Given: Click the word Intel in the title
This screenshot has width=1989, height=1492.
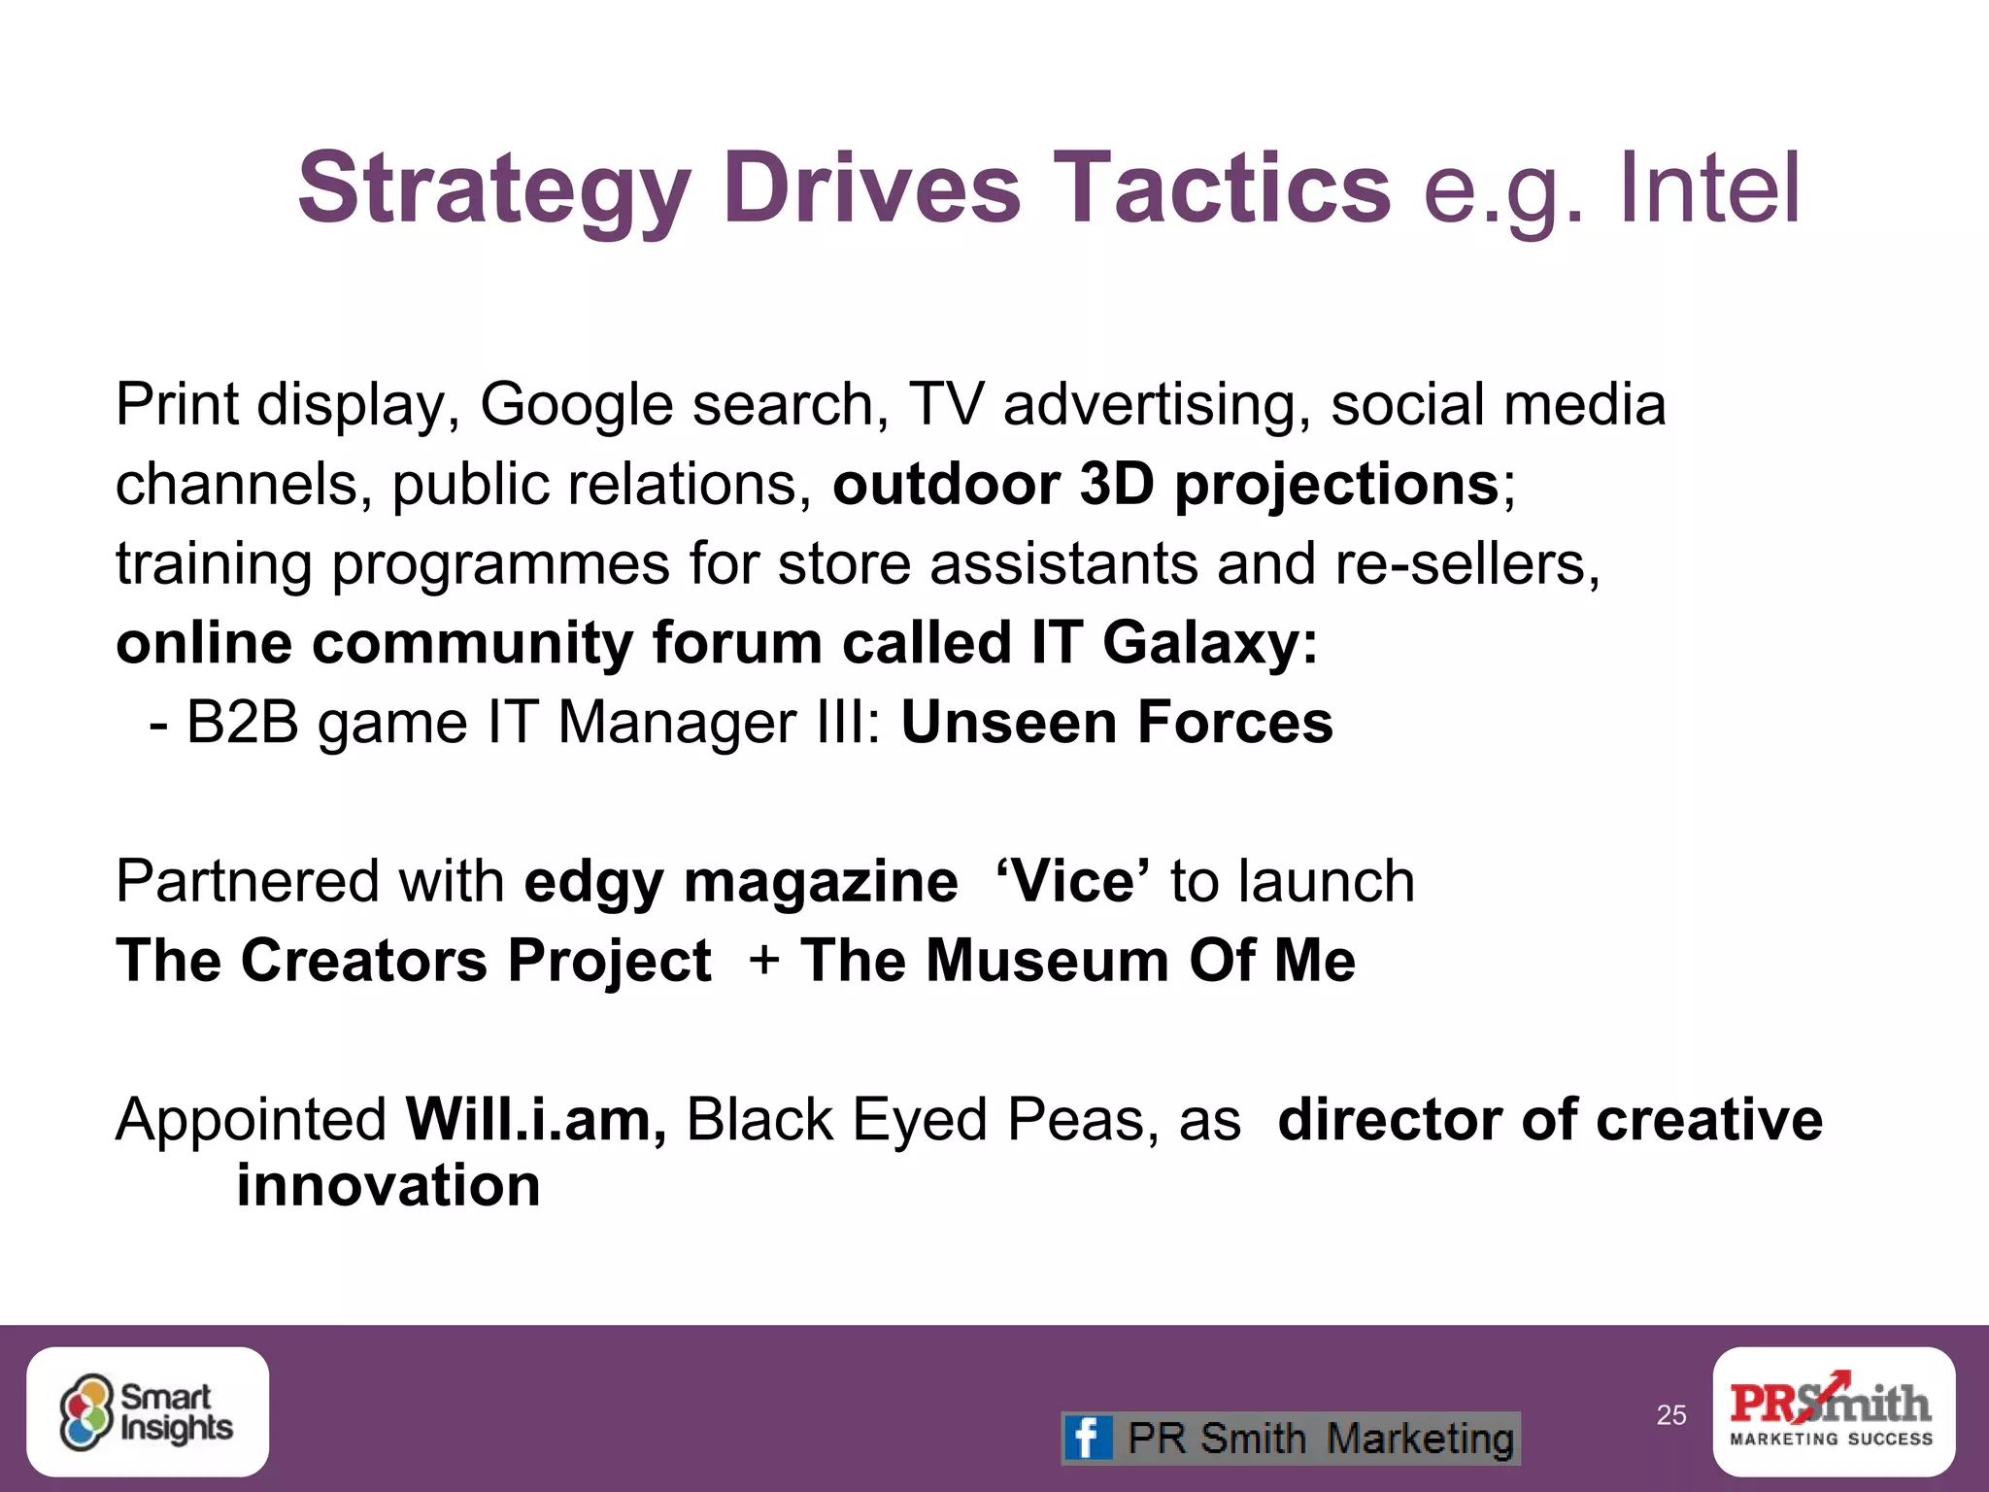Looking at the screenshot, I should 1708,187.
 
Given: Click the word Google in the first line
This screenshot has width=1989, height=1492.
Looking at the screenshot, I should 576,405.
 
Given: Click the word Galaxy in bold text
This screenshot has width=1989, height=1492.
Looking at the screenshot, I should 1210,643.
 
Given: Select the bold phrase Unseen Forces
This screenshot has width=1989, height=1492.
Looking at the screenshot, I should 1117,723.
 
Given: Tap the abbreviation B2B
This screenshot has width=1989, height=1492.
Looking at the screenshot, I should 243,723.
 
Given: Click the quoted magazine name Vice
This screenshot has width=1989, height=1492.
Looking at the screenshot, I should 1073,881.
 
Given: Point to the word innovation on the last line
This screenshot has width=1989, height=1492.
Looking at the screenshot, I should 388,1186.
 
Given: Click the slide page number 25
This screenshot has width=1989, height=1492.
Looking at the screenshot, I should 1670,1415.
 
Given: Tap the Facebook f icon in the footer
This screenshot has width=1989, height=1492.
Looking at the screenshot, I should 1088,1438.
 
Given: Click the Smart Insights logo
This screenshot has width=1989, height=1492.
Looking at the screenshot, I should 148,1412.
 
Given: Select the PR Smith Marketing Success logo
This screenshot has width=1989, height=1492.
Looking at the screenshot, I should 1833,1411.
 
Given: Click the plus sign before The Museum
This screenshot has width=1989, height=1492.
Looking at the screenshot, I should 764,961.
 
